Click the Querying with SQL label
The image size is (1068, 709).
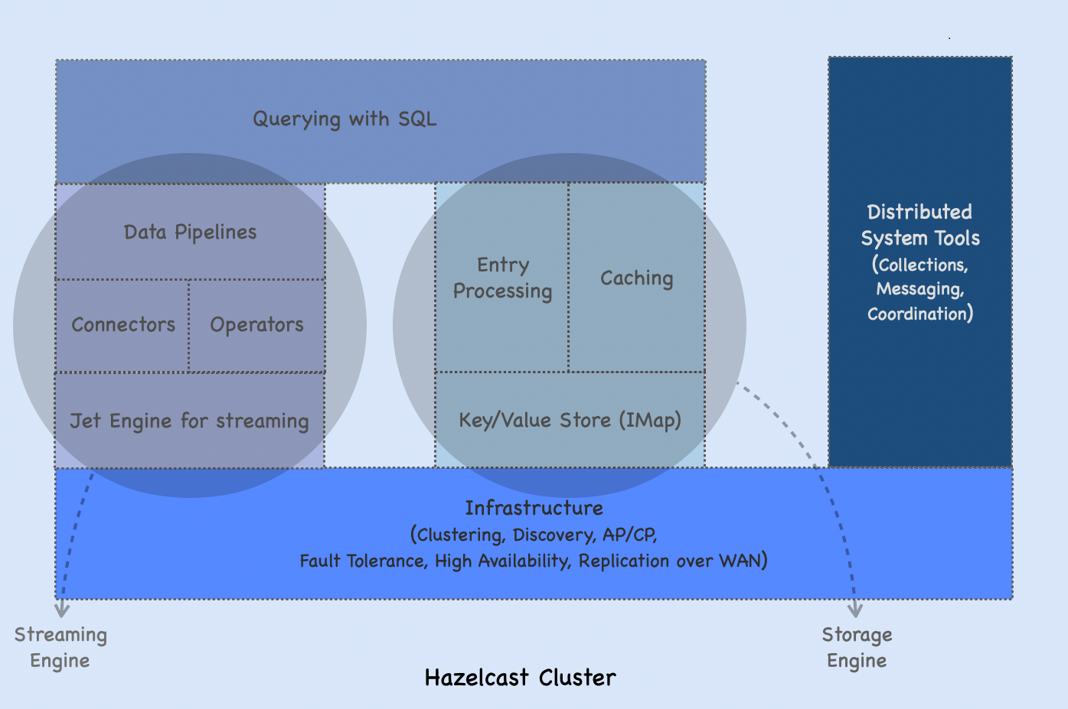pos(345,119)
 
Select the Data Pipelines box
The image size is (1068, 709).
pos(190,233)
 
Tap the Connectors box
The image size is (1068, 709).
pos(123,325)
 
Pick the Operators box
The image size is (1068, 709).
pos(256,325)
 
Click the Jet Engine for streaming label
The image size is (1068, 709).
pos(189,421)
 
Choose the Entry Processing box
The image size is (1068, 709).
pos(502,278)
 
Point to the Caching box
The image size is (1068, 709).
pos(636,278)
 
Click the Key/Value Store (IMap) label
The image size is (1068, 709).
pos(570,421)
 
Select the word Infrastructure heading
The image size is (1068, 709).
pos(534,509)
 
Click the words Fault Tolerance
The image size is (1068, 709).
pos(361,561)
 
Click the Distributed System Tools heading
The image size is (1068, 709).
pos(919,225)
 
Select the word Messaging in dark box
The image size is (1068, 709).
pos(919,289)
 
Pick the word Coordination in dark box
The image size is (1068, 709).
pos(919,314)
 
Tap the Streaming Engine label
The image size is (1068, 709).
pos(60,647)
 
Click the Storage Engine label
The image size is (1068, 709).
pos(857,647)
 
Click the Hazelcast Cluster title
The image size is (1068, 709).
pos(520,678)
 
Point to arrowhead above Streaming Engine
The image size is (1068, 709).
pos(62,610)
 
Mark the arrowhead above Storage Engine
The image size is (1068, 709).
pos(855,610)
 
